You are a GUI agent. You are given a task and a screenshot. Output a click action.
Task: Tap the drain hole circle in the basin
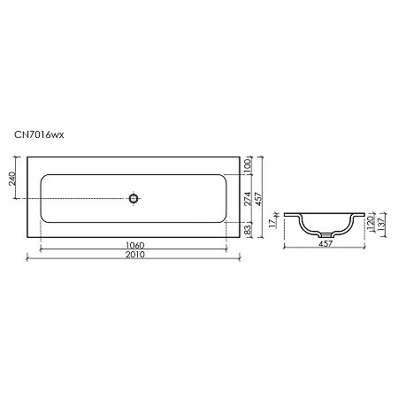(134, 198)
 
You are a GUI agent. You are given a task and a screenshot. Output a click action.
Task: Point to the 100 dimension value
(249, 165)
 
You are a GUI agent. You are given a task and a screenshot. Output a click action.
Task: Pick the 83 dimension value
(249, 229)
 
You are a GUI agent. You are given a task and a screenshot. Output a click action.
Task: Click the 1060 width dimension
(134, 244)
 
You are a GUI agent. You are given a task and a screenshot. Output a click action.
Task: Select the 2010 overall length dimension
(134, 255)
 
